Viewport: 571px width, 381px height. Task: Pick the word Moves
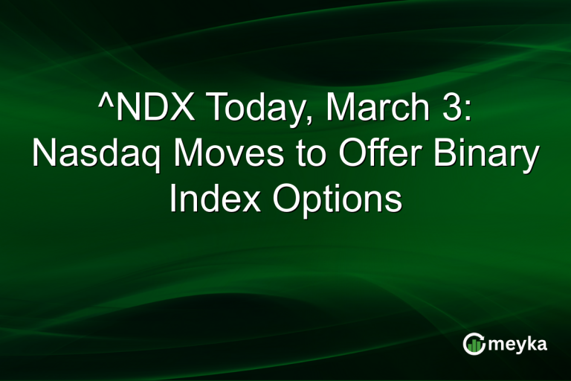pos(224,154)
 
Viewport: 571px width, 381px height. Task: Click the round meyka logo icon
pos(473,344)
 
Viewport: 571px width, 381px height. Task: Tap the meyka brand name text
pos(518,345)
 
